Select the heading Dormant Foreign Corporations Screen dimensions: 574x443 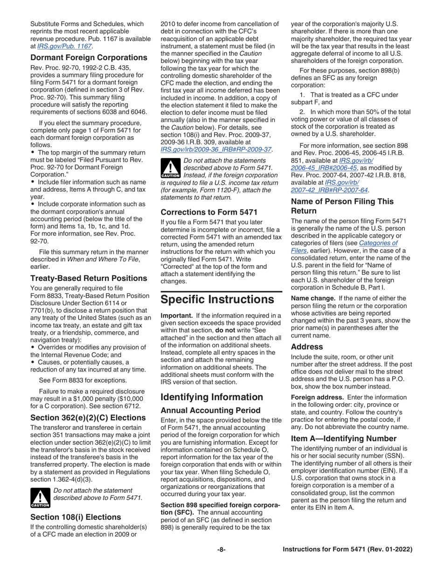89,58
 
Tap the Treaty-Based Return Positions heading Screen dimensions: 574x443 89,279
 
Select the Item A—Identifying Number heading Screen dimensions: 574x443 344,439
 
